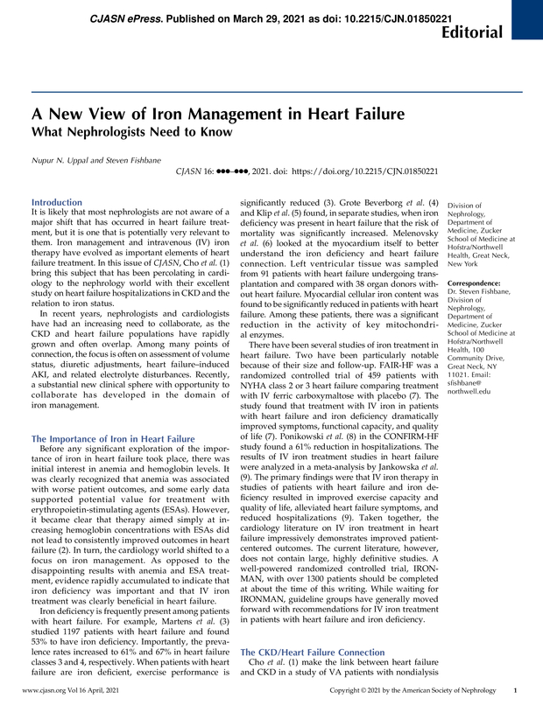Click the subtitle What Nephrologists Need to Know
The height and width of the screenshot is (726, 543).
point(132,133)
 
